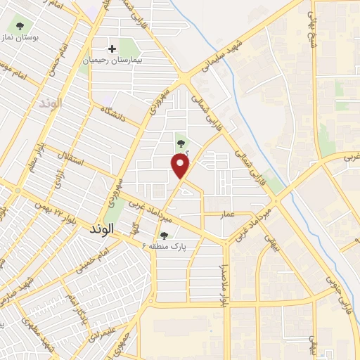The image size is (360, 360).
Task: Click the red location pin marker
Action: (x=181, y=167)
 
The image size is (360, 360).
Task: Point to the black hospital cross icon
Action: (x=112, y=49)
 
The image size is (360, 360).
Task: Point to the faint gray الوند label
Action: (x=51, y=103)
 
